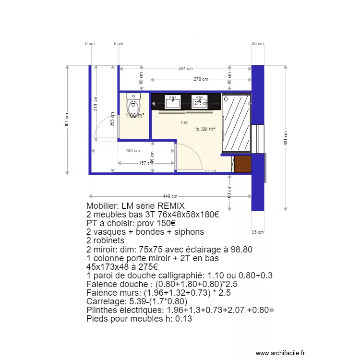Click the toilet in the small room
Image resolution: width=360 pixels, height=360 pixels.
[133, 103]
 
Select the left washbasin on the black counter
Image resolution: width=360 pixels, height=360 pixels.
[173, 101]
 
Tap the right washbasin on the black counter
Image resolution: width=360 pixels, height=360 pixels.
[200, 101]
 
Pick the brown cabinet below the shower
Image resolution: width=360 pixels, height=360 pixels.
[242, 164]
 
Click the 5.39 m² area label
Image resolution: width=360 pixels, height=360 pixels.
[205, 129]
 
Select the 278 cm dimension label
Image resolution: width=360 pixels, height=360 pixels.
[201, 79]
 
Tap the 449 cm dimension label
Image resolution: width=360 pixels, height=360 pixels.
[170, 196]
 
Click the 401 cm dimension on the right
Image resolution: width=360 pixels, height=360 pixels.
[286, 138]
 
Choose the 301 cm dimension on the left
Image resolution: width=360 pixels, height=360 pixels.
[67, 123]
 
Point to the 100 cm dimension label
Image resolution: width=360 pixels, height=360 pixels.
[229, 193]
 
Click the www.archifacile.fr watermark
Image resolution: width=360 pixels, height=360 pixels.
[280, 353]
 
